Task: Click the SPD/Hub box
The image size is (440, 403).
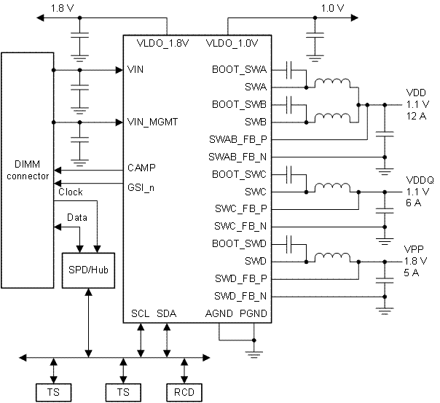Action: (x=87, y=269)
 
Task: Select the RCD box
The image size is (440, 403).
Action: (x=183, y=392)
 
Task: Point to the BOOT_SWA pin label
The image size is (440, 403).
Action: (x=239, y=70)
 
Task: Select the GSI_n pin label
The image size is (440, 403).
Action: (x=141, y=186)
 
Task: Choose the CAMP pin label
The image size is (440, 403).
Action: (x=141, y=168)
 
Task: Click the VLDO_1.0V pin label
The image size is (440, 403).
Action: (x=232, y=43)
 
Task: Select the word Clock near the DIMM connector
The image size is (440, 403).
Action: (x=70, y=192)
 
